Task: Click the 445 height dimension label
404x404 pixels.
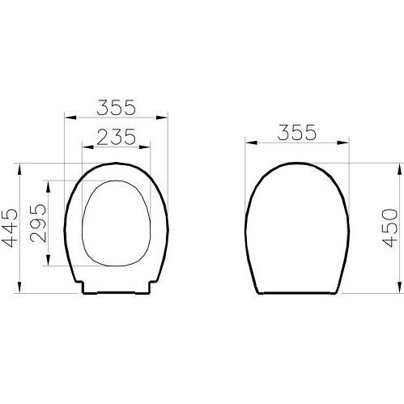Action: tap(10, 228)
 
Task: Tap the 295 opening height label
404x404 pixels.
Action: tap(38, 223)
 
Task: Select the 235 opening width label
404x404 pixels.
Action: tap(116, 137)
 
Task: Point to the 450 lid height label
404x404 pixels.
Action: tap(390, 228)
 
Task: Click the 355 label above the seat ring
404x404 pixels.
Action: tap(116, 107)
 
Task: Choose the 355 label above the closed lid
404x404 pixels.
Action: tap(296, 132)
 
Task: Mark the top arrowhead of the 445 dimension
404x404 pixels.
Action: tap(19, 169)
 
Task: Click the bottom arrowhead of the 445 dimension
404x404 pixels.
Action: tap(19, 287)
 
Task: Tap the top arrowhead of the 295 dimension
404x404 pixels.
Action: tap(48, 186)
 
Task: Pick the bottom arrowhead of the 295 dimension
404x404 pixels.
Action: tap(48, 260)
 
